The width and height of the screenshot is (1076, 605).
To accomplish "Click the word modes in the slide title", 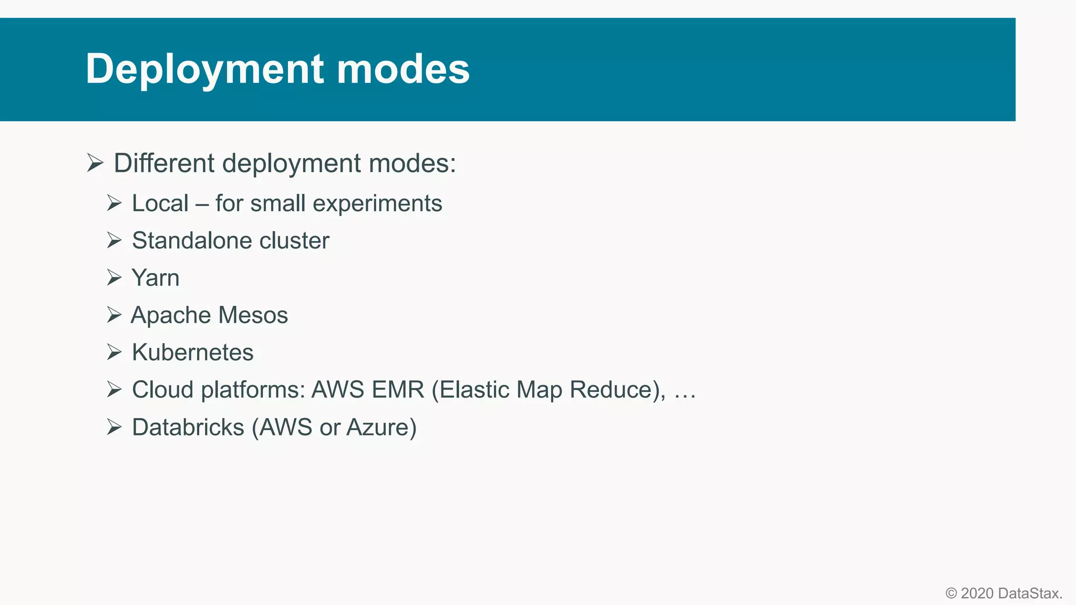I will point(403,69).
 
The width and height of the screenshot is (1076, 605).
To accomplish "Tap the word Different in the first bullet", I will point(164,163).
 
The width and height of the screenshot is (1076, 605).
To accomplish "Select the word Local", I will point(160,203).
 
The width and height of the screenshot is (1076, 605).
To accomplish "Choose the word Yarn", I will point(156,278).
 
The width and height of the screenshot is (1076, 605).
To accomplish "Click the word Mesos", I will point(253,315).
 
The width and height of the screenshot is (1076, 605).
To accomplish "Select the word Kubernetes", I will point(192,352).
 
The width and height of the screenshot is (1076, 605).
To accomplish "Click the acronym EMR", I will point(398,390).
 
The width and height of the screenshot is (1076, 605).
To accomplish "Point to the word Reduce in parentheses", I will point(614,390).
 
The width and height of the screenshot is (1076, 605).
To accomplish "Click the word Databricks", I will point(188,427).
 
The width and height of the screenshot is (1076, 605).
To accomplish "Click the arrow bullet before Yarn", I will point(114,277).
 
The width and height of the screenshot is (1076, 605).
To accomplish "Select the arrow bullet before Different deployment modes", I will point(95,163).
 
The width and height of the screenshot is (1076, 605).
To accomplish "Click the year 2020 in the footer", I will point(977,593).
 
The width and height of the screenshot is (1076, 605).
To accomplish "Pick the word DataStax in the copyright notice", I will point(1029,593).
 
